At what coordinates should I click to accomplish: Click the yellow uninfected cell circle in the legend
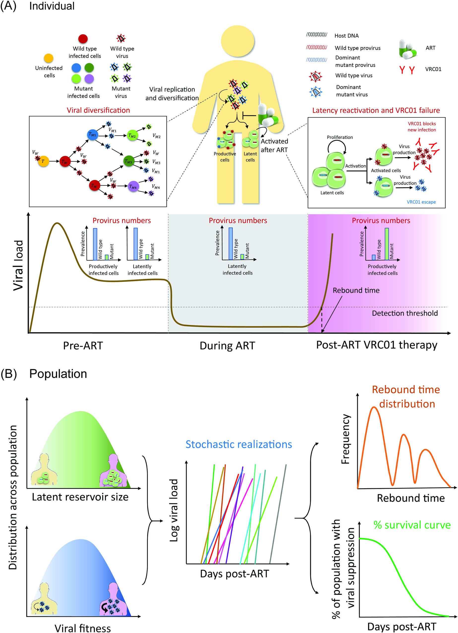point(49,58)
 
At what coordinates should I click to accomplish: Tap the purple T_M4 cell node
point(133,187)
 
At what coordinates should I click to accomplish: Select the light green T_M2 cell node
point(132,136)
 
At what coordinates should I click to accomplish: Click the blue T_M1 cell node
point(92,134)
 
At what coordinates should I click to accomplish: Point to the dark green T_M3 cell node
point(129,161)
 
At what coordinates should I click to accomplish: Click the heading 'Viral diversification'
point(98,110)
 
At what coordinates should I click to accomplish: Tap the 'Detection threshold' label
point(404,313)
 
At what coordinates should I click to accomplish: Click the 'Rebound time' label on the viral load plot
point(356,290)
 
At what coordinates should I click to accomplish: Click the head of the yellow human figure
point(237,41)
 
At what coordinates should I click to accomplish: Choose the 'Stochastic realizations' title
point(239,444)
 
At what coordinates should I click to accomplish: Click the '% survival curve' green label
point(412,525)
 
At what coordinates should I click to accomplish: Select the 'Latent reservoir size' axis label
point(80,497)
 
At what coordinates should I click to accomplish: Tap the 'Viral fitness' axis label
point(83,628)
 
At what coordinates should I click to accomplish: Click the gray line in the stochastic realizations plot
point(278,514)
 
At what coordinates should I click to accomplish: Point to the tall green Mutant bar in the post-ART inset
point(387,244)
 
